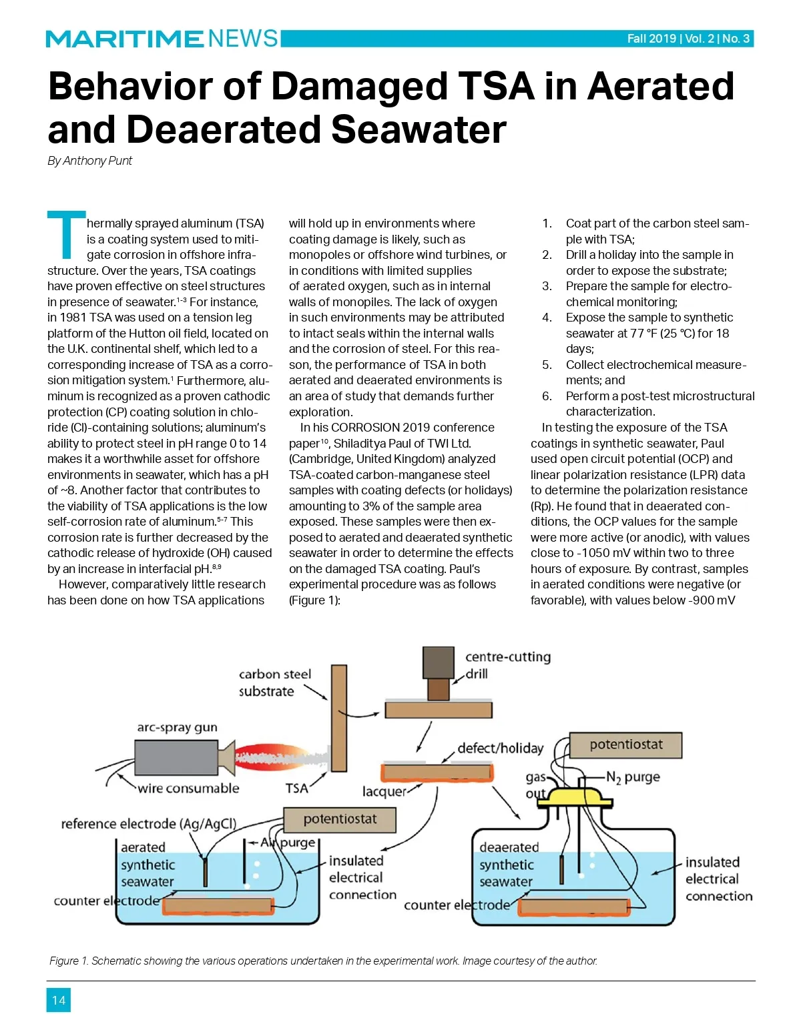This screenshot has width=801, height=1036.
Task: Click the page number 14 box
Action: [58, 1000]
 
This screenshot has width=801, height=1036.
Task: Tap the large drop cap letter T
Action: [65, 234]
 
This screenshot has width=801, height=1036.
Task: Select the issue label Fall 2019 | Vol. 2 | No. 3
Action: [688, 39]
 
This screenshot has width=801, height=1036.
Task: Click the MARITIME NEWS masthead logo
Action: [162, 39]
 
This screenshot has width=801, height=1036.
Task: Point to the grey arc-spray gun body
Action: [176, 758]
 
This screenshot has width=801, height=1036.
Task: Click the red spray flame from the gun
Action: [280, 758]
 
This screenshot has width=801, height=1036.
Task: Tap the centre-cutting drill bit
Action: [438, 688]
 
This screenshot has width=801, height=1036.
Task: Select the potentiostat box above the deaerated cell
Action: [625, 745]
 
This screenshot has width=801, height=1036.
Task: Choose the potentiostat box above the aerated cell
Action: [340, 819]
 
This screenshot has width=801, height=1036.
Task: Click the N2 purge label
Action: [633, 777]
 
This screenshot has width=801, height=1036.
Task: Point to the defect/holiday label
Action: [500, 748]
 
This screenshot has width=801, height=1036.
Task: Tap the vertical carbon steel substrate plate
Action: [339, 718]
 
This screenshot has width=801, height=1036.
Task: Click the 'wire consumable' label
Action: [188, 789]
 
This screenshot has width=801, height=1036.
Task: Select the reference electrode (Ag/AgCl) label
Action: [148, 824]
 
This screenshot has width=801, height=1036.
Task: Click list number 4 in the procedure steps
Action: [547, 318]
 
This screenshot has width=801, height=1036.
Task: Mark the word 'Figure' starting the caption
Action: [63, 961]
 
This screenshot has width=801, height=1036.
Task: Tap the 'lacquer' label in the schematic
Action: [384, 791]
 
